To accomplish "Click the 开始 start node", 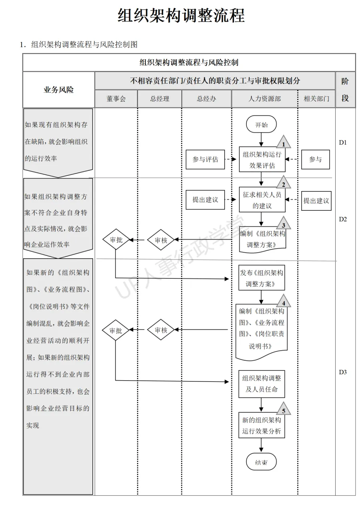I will (x=262, y=125).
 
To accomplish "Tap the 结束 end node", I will (x=261, y=462).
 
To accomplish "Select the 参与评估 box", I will (x=205, y=159).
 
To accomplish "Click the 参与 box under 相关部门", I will (x=316, y=159).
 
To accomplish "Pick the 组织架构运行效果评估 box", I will (x=262, y=160).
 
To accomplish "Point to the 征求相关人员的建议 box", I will (x=262, y=200).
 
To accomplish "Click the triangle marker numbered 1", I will (x=283, y=142).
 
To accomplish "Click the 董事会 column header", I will (x=116, y=99).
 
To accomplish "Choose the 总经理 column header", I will (x=159, y=99).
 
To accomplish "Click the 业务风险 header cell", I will (x=59, y=90).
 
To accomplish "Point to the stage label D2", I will (x=343, y=219).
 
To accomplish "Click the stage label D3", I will (x=343, y=372).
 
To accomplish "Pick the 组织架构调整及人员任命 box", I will (x=262, y=383).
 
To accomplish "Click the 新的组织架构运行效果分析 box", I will (x=262, y=425).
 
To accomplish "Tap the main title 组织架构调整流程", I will (x=181, y=16).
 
